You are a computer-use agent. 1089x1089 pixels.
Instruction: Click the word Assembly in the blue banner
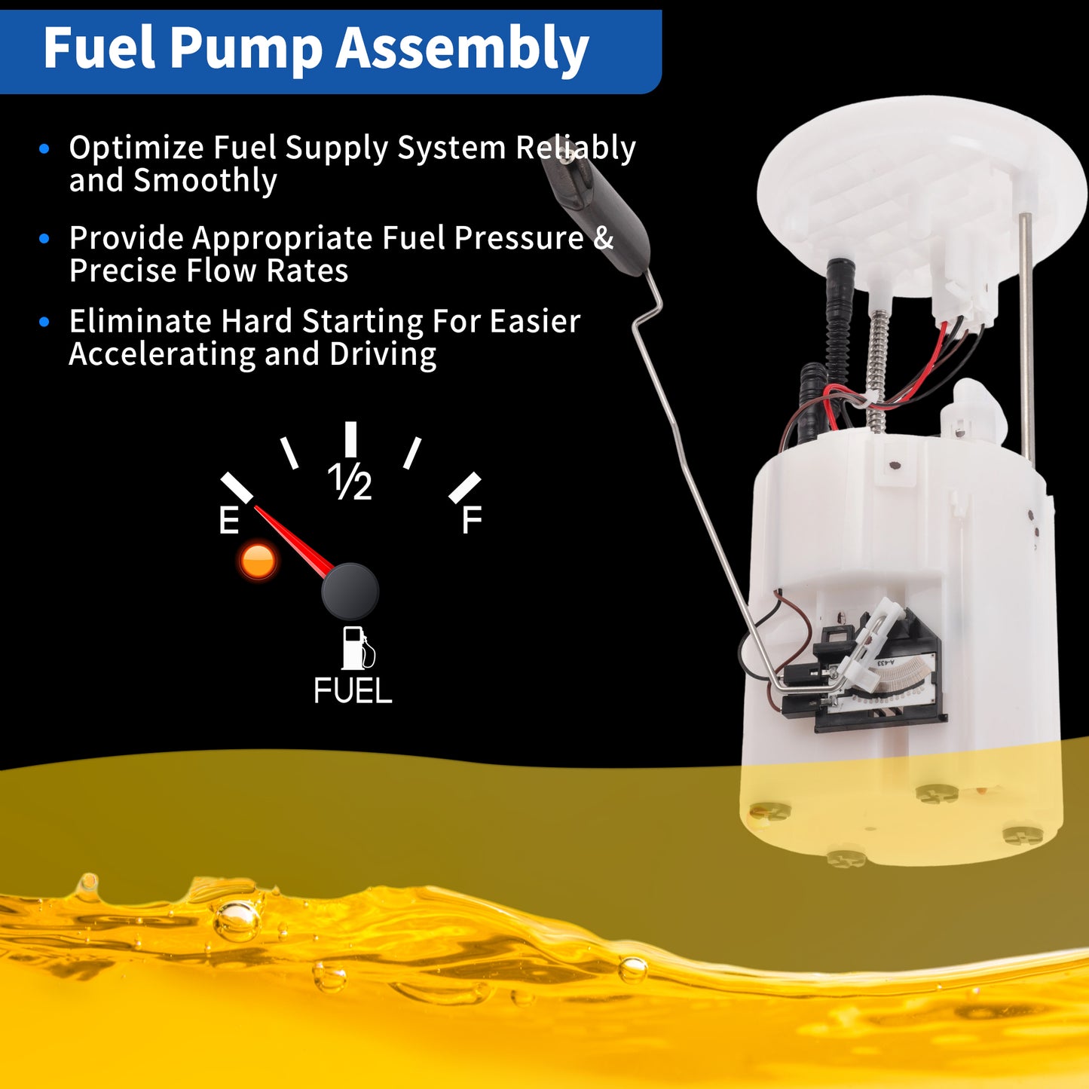[x=463, y=50]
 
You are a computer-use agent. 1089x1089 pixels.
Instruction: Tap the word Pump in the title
[x=246, y=50]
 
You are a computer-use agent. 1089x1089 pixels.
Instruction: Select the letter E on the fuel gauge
[x=229, y=520]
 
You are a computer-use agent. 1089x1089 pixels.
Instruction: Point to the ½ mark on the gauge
[x=350, y=482]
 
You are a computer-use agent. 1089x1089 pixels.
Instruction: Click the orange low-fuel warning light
[x=258, y=561]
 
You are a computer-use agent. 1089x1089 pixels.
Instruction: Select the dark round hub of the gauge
[x=350, y=592]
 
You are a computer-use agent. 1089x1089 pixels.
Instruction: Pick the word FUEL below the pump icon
[x=353, y=690]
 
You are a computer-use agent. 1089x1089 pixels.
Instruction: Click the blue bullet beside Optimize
[x=44, y=148]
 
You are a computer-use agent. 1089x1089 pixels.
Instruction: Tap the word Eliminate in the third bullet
[x=140, y=321]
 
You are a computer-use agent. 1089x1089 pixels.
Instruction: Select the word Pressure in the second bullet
[x=518, y=237]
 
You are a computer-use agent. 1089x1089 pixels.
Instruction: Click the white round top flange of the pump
[x=920, y=197]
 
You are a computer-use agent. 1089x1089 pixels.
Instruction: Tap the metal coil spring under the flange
[x=878, y=370]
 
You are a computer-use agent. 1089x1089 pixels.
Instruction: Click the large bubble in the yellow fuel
[x=237, y=922]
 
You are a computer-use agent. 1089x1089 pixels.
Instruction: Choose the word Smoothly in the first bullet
[x=205, y=181]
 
